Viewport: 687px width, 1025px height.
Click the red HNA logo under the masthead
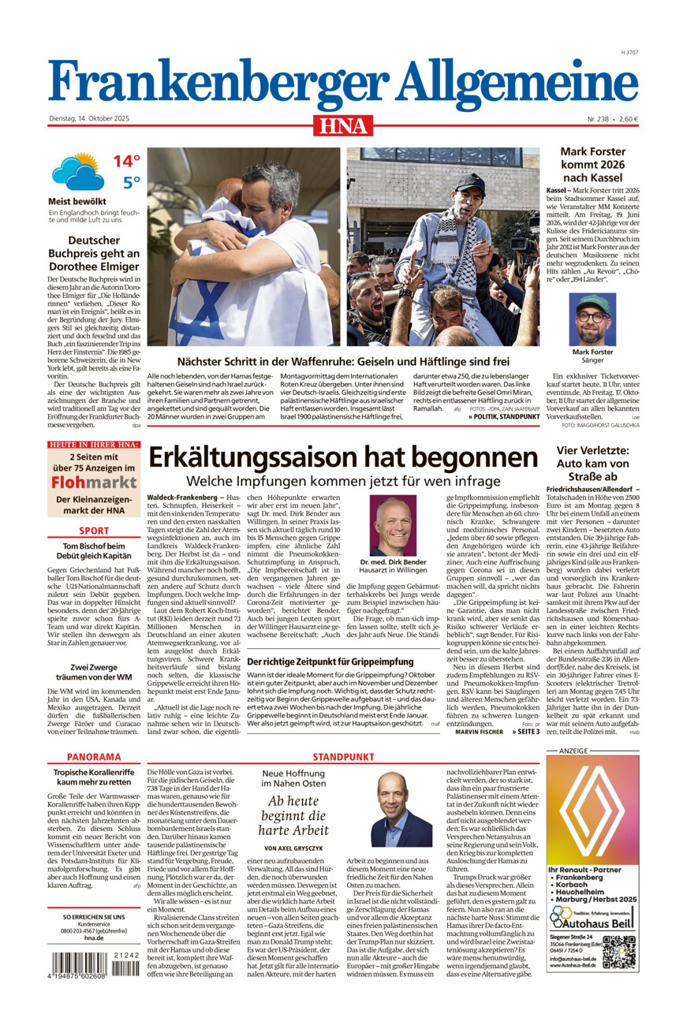[x=343, y=125]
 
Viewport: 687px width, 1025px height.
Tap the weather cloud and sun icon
[x=77, y=172]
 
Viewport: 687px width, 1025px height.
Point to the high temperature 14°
[x=126, y=162]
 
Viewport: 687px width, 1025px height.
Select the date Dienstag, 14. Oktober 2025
[x=89, y=119]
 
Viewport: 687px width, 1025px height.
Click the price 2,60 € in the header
[x=629, y=119]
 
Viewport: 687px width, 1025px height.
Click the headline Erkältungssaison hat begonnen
[x=343, y=457]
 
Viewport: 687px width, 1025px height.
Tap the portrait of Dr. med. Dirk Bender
[x=393, y=525]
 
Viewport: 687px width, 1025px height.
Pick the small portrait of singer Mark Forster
[x=592, y=319]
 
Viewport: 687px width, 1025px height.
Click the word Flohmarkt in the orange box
[x=94, y=482]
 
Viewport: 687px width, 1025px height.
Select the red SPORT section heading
[x=94, y=531]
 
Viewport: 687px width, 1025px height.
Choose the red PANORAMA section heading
[x=94, y=756]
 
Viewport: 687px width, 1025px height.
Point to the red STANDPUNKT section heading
[x=343, y=757]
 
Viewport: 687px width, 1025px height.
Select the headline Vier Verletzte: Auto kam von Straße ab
[x=592, y=464]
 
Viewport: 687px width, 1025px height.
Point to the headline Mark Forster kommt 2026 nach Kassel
[x=592, y=164]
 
